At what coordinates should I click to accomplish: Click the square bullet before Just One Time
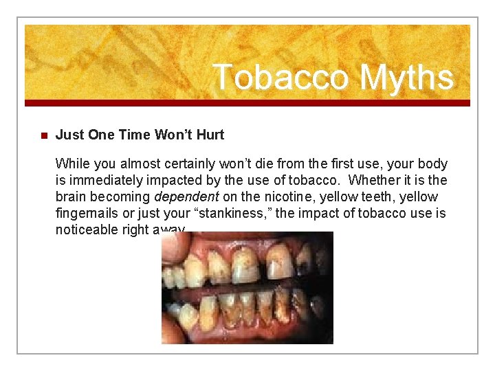pos(41,135)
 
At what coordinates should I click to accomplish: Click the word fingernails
pos(87,213)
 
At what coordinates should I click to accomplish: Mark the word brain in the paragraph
pos(71,196)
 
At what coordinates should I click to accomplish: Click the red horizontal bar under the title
pos(247,103)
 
